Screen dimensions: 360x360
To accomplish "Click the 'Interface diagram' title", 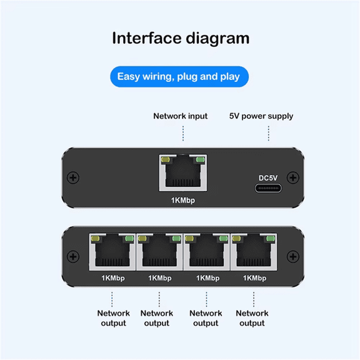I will [x=180, y=38].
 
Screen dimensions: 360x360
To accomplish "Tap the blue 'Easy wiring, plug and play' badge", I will [x=180, y=77].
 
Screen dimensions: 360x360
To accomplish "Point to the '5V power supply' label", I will [x=261, y=116].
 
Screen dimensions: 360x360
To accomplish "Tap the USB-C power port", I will [x=267, y=189].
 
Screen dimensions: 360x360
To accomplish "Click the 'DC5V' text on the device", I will [x=267, y=178].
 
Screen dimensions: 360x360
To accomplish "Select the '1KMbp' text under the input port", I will [x=182, y=201].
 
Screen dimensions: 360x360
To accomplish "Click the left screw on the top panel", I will [x=74, y=178].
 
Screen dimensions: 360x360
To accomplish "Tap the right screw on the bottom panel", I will [x=292, y=257].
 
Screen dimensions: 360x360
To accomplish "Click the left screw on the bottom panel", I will [x=74, y=257].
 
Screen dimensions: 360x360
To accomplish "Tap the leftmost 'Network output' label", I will [x=113, y=318].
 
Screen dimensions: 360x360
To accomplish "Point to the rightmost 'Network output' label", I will [x=252, y=318].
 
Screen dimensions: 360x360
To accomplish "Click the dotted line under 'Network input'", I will [x=183, y=133].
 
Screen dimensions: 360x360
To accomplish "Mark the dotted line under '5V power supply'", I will [x=269, y=133].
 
